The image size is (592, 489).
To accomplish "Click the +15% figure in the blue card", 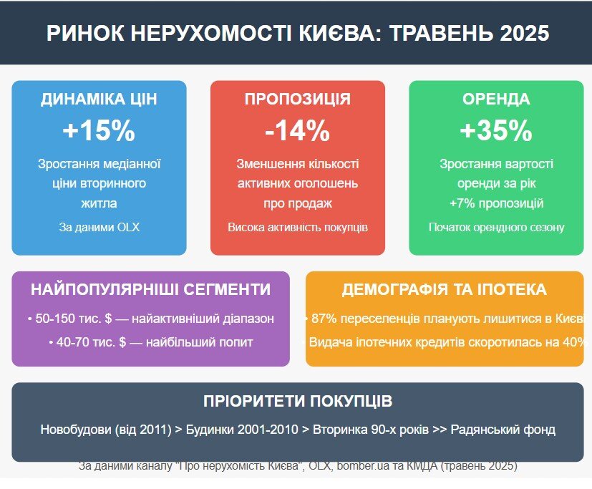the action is tap(99, 130).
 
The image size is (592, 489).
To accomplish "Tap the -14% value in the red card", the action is tap(298, 130).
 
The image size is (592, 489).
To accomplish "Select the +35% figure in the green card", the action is tap(496, 130).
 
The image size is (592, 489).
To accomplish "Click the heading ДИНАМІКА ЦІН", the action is tap(99, 99).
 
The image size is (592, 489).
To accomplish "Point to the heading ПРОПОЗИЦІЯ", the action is tap(298, 99).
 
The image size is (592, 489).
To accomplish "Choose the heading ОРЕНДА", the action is tap(496, 99).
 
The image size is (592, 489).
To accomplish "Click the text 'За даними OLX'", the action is tap(99, 228).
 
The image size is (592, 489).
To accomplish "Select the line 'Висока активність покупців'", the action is tap(298, 228).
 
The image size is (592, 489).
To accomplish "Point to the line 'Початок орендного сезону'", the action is tap(496, 228).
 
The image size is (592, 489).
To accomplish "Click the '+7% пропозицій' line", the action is tap(496, 203).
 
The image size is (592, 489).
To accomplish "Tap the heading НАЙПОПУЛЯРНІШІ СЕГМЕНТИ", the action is tap(150, 290).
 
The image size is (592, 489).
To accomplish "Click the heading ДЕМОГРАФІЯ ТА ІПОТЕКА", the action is tap(444, 290).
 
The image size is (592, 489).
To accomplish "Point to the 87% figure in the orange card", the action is tap(324, 319).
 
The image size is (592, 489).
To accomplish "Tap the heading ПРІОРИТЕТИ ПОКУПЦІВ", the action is tap(298, 401).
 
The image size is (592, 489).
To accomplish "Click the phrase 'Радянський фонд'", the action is tap(503, 430).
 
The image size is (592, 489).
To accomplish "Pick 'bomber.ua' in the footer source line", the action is tap(363, 465).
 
